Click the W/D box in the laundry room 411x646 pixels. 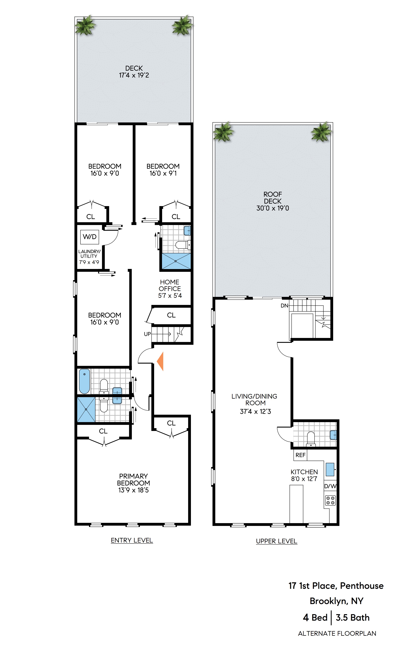coord(89,237)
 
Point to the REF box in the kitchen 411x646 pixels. coord(300,455)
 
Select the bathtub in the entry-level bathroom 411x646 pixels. coord(85,381)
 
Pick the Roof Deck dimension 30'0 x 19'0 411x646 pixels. coord(273,208)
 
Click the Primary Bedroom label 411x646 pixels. coord(134,479)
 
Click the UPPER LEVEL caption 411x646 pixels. coord(276,541)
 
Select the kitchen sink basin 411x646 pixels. coord(330,469)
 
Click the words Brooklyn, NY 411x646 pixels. coord(336,601)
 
